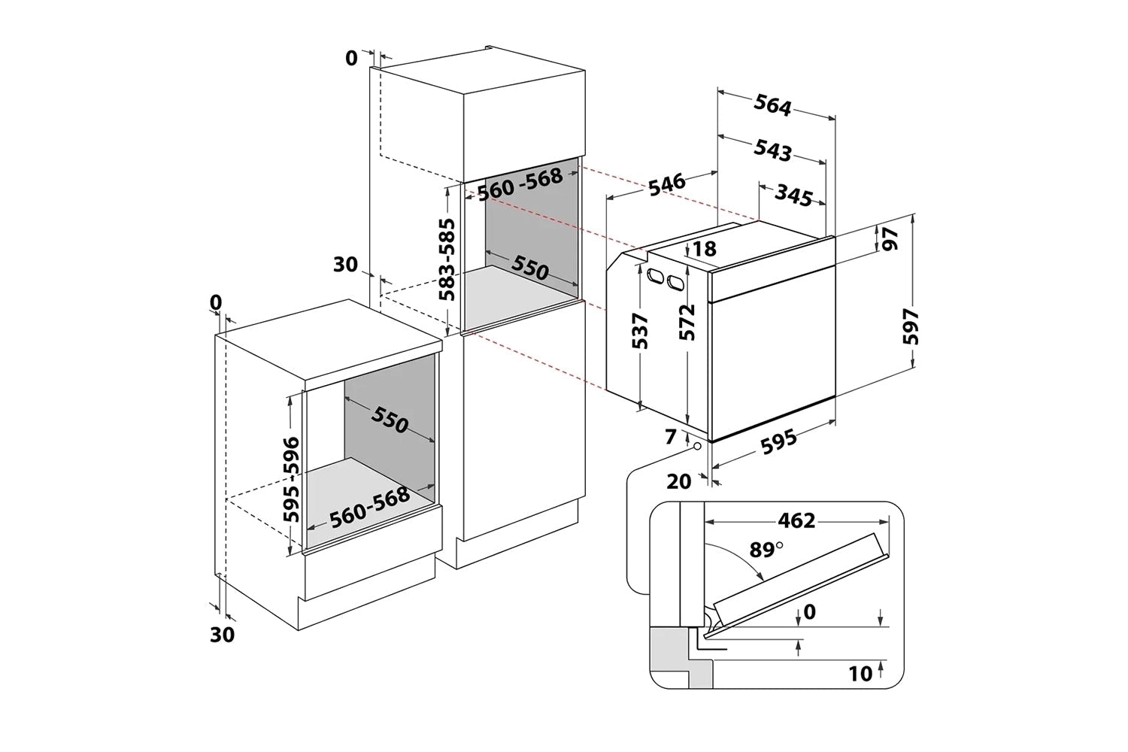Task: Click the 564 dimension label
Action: [772, 108]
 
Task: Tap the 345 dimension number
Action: [794, 197]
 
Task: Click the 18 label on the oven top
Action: [705, 249]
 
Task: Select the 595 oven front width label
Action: [778, 441]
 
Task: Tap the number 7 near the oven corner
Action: [670, 435]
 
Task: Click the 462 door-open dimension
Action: [797, 520]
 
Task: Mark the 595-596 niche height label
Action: [290, 479]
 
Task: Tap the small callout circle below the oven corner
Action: [699, 446]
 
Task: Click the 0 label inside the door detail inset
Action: [809, 612]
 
